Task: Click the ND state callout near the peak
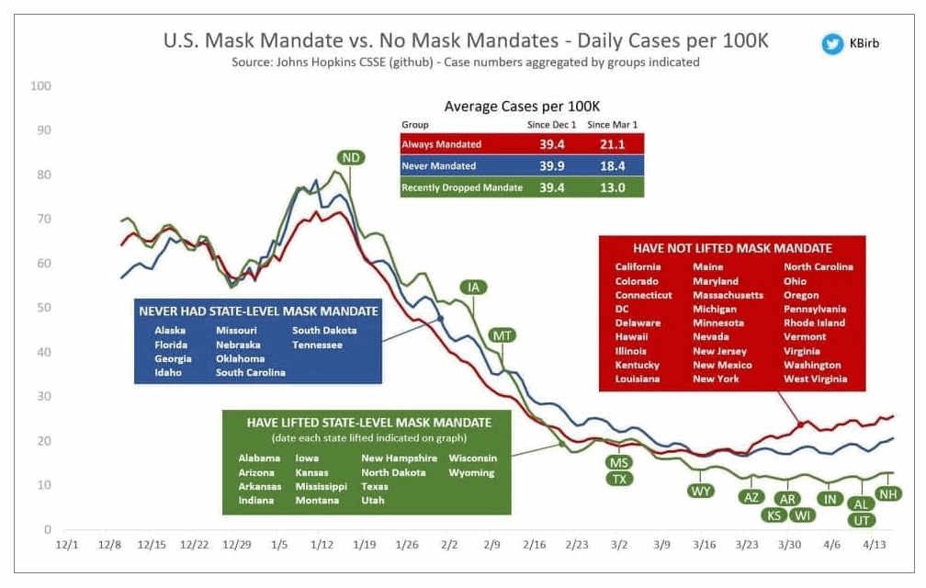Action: [351, 158]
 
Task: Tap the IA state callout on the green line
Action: [474, 288]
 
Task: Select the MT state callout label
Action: [502, 335]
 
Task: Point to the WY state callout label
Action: [701, 491]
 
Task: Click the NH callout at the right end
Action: [888, 494]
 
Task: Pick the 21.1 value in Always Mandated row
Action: [613, 144]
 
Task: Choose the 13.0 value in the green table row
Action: [613, 187]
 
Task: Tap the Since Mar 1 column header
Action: [612, 124]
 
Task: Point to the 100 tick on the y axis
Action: [40, 86]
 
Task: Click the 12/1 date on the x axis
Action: [67, 545]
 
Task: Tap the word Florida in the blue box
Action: [172, 345]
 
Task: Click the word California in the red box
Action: [638, 267]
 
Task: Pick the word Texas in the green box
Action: [375, 487]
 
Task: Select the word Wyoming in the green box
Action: [471, 473]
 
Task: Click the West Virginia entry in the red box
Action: [816, 379]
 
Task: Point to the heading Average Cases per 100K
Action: [522, 106]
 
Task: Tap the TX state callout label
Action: [619, 479]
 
